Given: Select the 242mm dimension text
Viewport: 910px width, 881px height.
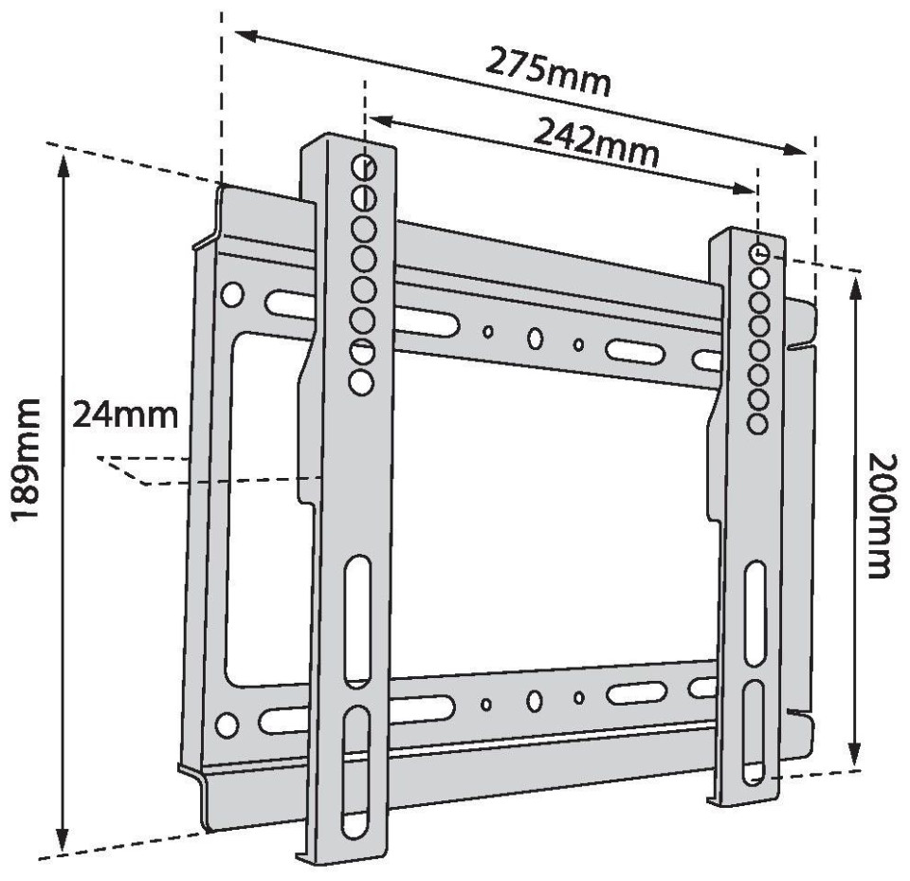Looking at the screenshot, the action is coord(596,141).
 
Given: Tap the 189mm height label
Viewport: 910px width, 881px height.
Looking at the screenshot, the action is coord(27,459).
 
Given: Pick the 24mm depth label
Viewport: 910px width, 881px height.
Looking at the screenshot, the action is coord(125,415).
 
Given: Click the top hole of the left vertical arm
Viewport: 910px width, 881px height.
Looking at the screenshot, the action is coord(364,167).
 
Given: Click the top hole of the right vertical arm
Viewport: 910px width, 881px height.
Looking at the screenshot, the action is coord(759,253).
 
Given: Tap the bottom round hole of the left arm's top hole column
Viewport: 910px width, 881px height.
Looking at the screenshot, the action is coord(361,383).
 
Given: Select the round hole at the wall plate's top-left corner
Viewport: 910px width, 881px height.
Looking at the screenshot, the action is coord(231,294).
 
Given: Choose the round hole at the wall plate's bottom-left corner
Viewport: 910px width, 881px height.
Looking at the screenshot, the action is coord(227,725).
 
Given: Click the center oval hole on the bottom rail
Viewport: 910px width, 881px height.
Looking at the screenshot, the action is coord(535,701).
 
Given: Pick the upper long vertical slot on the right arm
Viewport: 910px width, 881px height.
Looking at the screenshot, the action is coord(755,614).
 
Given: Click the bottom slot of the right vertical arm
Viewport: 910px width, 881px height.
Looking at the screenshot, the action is coord(754,732).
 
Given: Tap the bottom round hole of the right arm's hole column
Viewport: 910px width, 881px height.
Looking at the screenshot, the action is coord(756,425).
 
